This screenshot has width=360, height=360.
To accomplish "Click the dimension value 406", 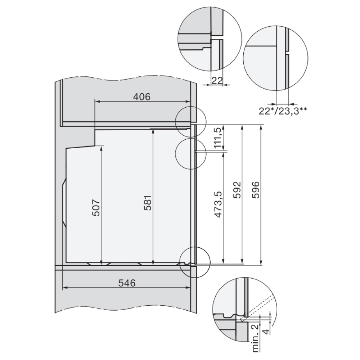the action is pos(141,96).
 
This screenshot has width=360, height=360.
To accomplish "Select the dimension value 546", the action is pos(127,283).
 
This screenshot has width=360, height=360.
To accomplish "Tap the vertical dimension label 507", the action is pos(96,208).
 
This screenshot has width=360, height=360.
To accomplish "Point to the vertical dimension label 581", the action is pos(148,203).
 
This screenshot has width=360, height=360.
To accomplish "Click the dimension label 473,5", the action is pos(219,204).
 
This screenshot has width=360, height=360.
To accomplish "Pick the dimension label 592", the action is pos(237,190).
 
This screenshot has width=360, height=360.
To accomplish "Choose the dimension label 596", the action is pos(256,190).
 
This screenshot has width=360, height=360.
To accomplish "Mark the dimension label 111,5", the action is pos(219,138).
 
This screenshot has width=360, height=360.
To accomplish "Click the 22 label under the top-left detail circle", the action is pos(217,81).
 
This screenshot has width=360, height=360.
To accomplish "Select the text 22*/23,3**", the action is pos(282,111).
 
